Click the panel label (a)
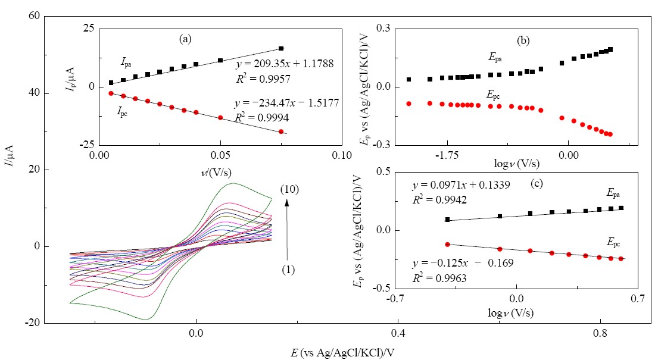click(x=185, y=39)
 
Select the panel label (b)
click(x=523, y=40)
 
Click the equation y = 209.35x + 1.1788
click(x=285, y=64)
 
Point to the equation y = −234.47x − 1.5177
click(x=286, y=103)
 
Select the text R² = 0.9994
click(x=262, y=118)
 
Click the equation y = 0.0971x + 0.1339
click(x=461, y=185)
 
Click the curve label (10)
click(x=289, y=190)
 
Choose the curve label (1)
click(x=288, y=270)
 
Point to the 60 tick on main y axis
click(x=34, y=16)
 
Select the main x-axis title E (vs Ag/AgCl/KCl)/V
click(x=343, y=352)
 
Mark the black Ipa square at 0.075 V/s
click(x=281, y=49)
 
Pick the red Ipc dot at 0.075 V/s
click(x=281, y=132)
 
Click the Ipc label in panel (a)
click(x=122, y=112)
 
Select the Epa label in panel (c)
click(x=613, y=193)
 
